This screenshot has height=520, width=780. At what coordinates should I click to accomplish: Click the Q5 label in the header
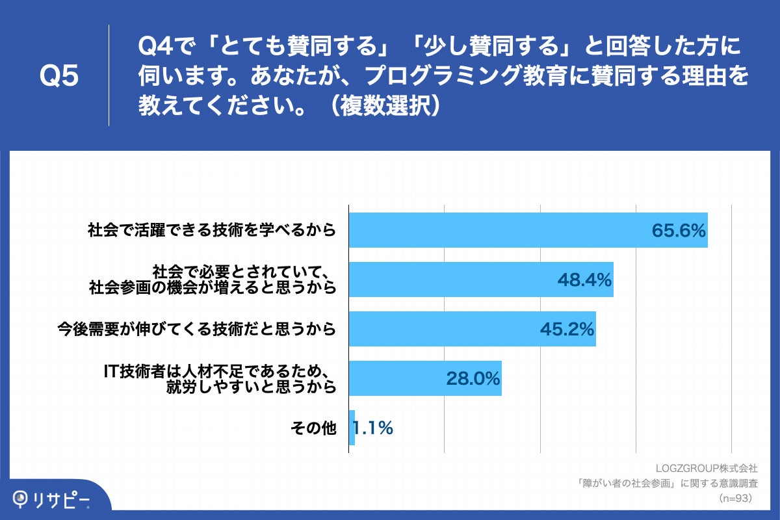[x=59, y=75]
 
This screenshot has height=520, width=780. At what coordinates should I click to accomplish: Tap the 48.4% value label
[x=584, y=280]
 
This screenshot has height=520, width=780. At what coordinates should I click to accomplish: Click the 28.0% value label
[x=473, y=378]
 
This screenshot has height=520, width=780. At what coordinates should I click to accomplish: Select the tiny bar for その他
[x=352, y=428]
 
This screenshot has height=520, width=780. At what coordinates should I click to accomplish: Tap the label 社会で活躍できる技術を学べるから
[x=212, y=229]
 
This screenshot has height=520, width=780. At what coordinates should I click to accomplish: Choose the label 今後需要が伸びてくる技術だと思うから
[x=196, y=329]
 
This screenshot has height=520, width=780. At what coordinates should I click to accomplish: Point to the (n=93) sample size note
[x=734, y=499]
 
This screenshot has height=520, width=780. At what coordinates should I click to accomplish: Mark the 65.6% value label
[x=679, y=231]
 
